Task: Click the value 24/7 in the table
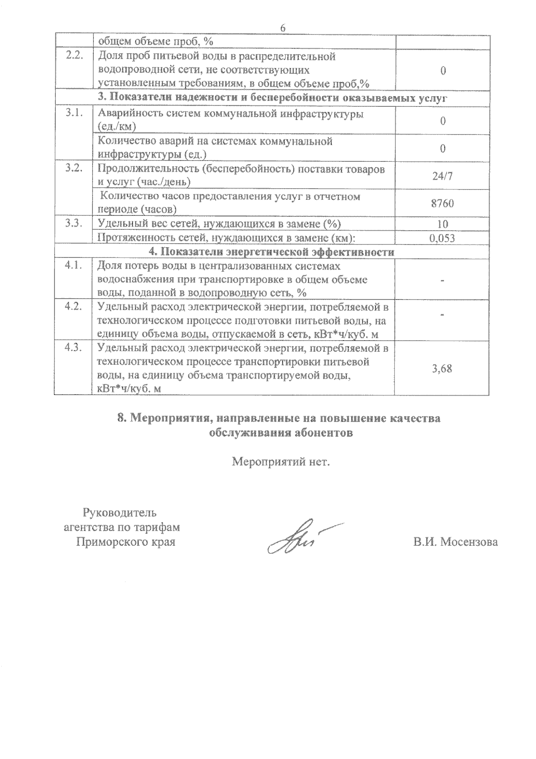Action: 442,176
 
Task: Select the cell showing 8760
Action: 442,204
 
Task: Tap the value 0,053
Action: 442,238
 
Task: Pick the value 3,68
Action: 442,369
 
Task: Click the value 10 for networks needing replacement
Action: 442,224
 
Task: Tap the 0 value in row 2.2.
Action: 443,71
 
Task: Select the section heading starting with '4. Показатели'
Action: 271,252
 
